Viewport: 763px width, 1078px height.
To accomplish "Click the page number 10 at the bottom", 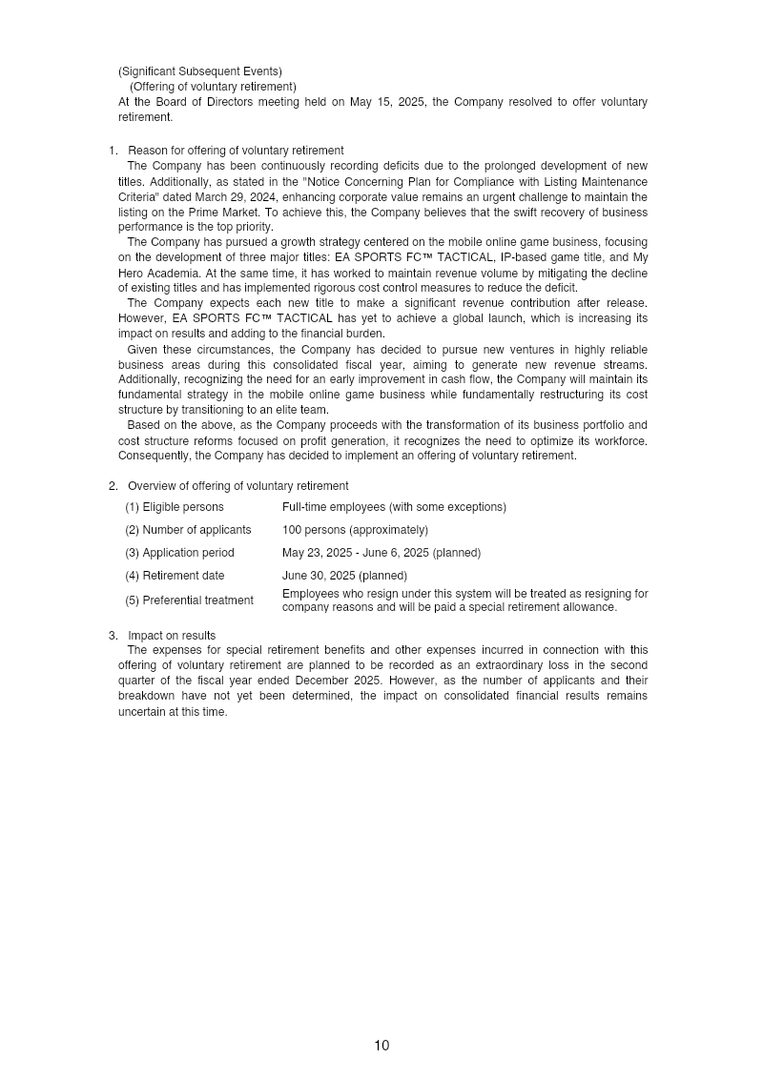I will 381,1046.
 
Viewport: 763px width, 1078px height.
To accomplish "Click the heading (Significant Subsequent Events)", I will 200,71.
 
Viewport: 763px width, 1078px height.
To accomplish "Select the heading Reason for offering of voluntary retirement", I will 236,151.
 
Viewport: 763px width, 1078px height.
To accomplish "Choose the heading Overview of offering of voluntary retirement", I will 237,486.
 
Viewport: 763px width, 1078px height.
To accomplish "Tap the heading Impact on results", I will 172,636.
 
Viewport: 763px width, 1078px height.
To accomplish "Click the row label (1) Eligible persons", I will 175,507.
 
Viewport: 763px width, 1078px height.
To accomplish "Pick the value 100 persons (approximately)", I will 355,530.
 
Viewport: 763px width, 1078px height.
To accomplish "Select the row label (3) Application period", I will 179,553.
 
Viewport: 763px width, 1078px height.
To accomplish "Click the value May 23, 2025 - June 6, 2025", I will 356,553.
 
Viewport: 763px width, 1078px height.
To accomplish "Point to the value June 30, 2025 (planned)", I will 344,576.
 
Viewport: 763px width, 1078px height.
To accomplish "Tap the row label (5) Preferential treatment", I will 189,600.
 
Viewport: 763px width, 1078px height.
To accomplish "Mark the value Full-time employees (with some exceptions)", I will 394,507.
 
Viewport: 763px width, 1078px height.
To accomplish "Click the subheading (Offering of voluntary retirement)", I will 213,87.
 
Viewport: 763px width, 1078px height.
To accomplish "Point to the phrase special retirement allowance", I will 545,607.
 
